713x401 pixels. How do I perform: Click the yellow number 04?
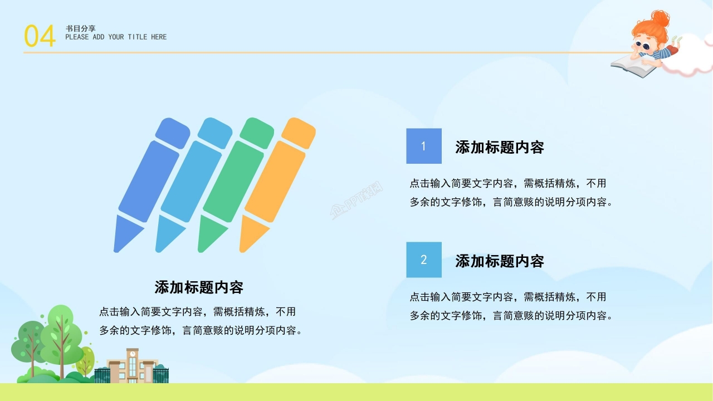coord(40,36)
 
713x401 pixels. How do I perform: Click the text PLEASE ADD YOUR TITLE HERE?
coord(116,37)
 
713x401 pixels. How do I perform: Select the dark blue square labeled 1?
coord(423,146)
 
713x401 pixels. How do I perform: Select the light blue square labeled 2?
coord(423,260)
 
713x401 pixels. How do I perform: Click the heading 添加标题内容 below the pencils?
coord(199,287)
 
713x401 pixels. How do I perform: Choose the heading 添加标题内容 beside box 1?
coord(499,147)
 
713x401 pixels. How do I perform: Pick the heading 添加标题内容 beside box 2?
coord(499,261)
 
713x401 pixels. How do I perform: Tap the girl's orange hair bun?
coord(660,19)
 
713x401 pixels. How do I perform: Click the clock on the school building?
coord(133,354)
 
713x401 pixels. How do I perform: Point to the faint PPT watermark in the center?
coord(356,202)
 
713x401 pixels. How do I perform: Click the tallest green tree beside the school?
coord(61,334)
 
